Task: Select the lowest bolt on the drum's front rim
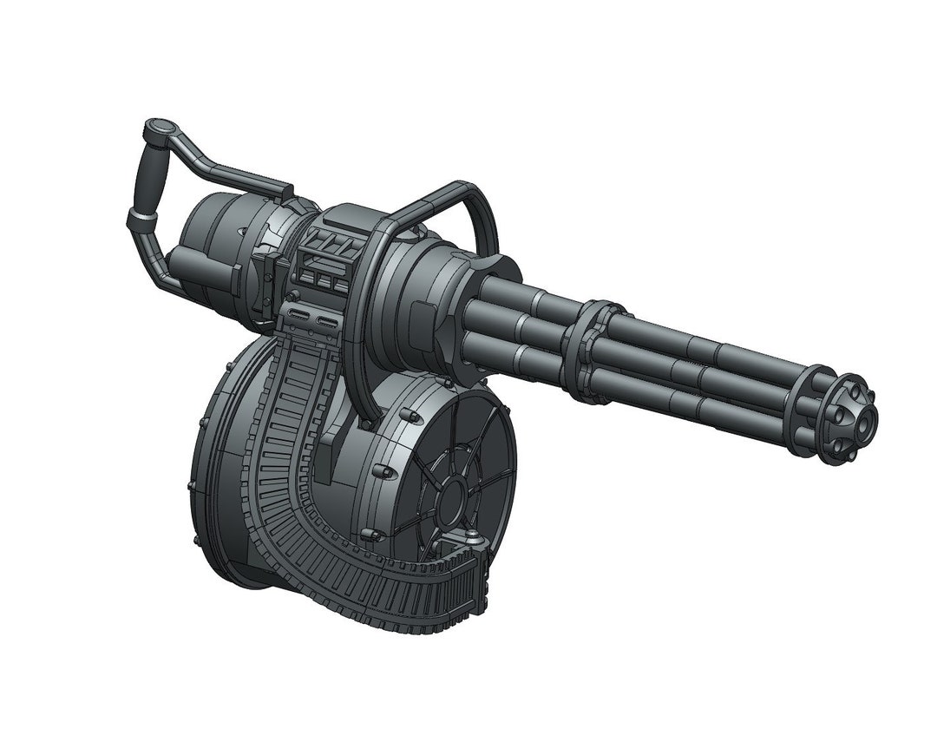[x=370, y=534]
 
